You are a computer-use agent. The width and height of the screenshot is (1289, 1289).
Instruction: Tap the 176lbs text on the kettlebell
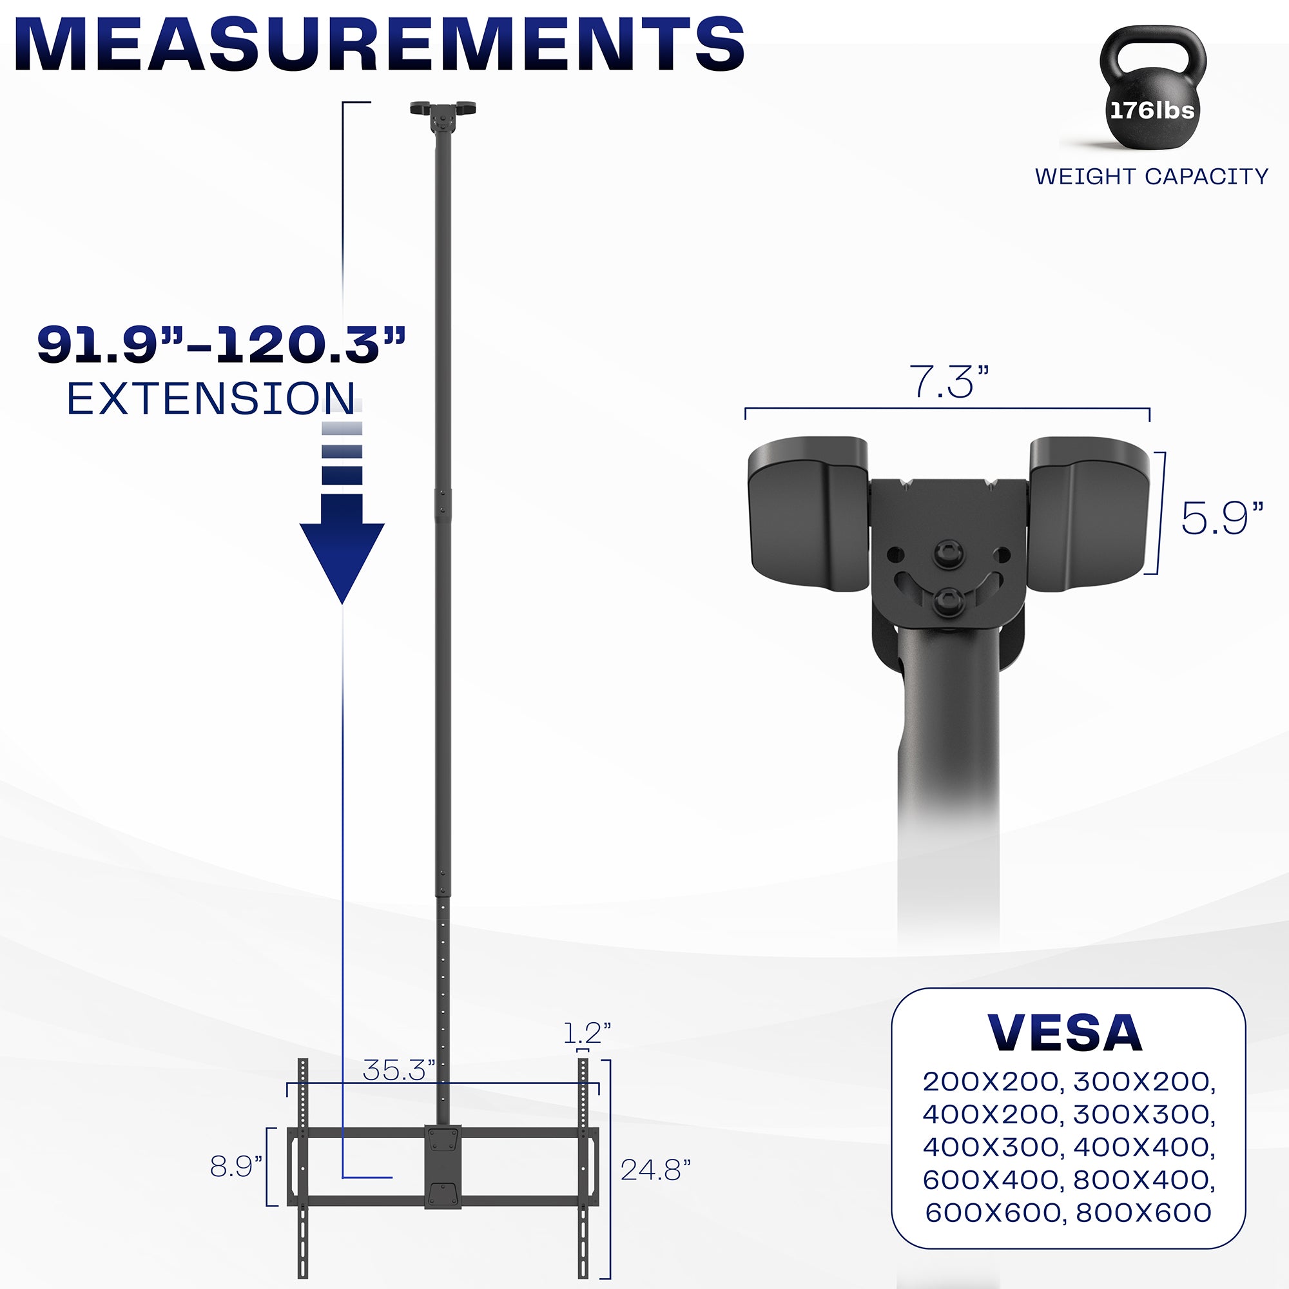coord(1152,110)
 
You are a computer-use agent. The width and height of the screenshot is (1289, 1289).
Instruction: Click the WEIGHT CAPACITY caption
coord(1151,176)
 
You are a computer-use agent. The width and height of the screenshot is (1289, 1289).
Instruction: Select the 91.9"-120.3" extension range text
coord(221,345)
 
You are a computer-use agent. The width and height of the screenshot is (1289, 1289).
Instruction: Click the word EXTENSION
coord(211,399)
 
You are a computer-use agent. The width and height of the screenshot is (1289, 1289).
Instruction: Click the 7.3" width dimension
coord(948,383)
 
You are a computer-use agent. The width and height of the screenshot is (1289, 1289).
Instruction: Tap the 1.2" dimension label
coord(587,1034)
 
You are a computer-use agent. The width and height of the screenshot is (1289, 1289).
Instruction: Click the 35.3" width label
coord(398,1070)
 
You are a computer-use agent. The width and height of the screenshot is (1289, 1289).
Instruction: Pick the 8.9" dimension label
coord(236,1167)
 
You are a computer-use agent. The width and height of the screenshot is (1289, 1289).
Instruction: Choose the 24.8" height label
coord(655,1170)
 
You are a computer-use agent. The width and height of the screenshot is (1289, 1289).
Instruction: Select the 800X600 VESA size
coord(1143,1212)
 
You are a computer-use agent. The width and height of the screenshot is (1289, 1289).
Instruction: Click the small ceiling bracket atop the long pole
coord(443,115)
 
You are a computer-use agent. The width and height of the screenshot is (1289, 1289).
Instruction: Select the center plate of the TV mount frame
coord(443,1167)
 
